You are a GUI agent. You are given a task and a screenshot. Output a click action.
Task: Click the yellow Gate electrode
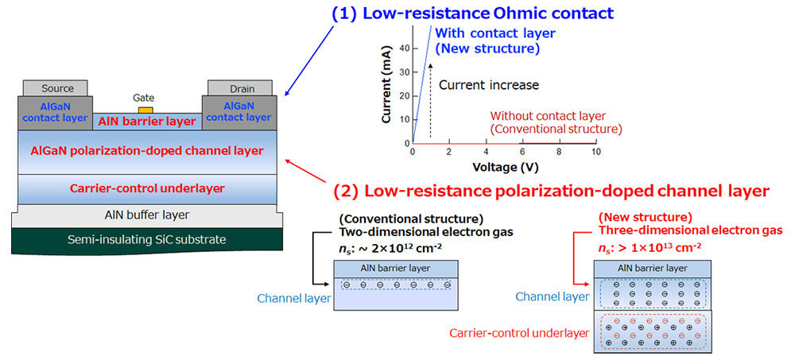coord(145,109)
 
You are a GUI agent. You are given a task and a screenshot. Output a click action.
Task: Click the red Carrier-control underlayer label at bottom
coord(519,331)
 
